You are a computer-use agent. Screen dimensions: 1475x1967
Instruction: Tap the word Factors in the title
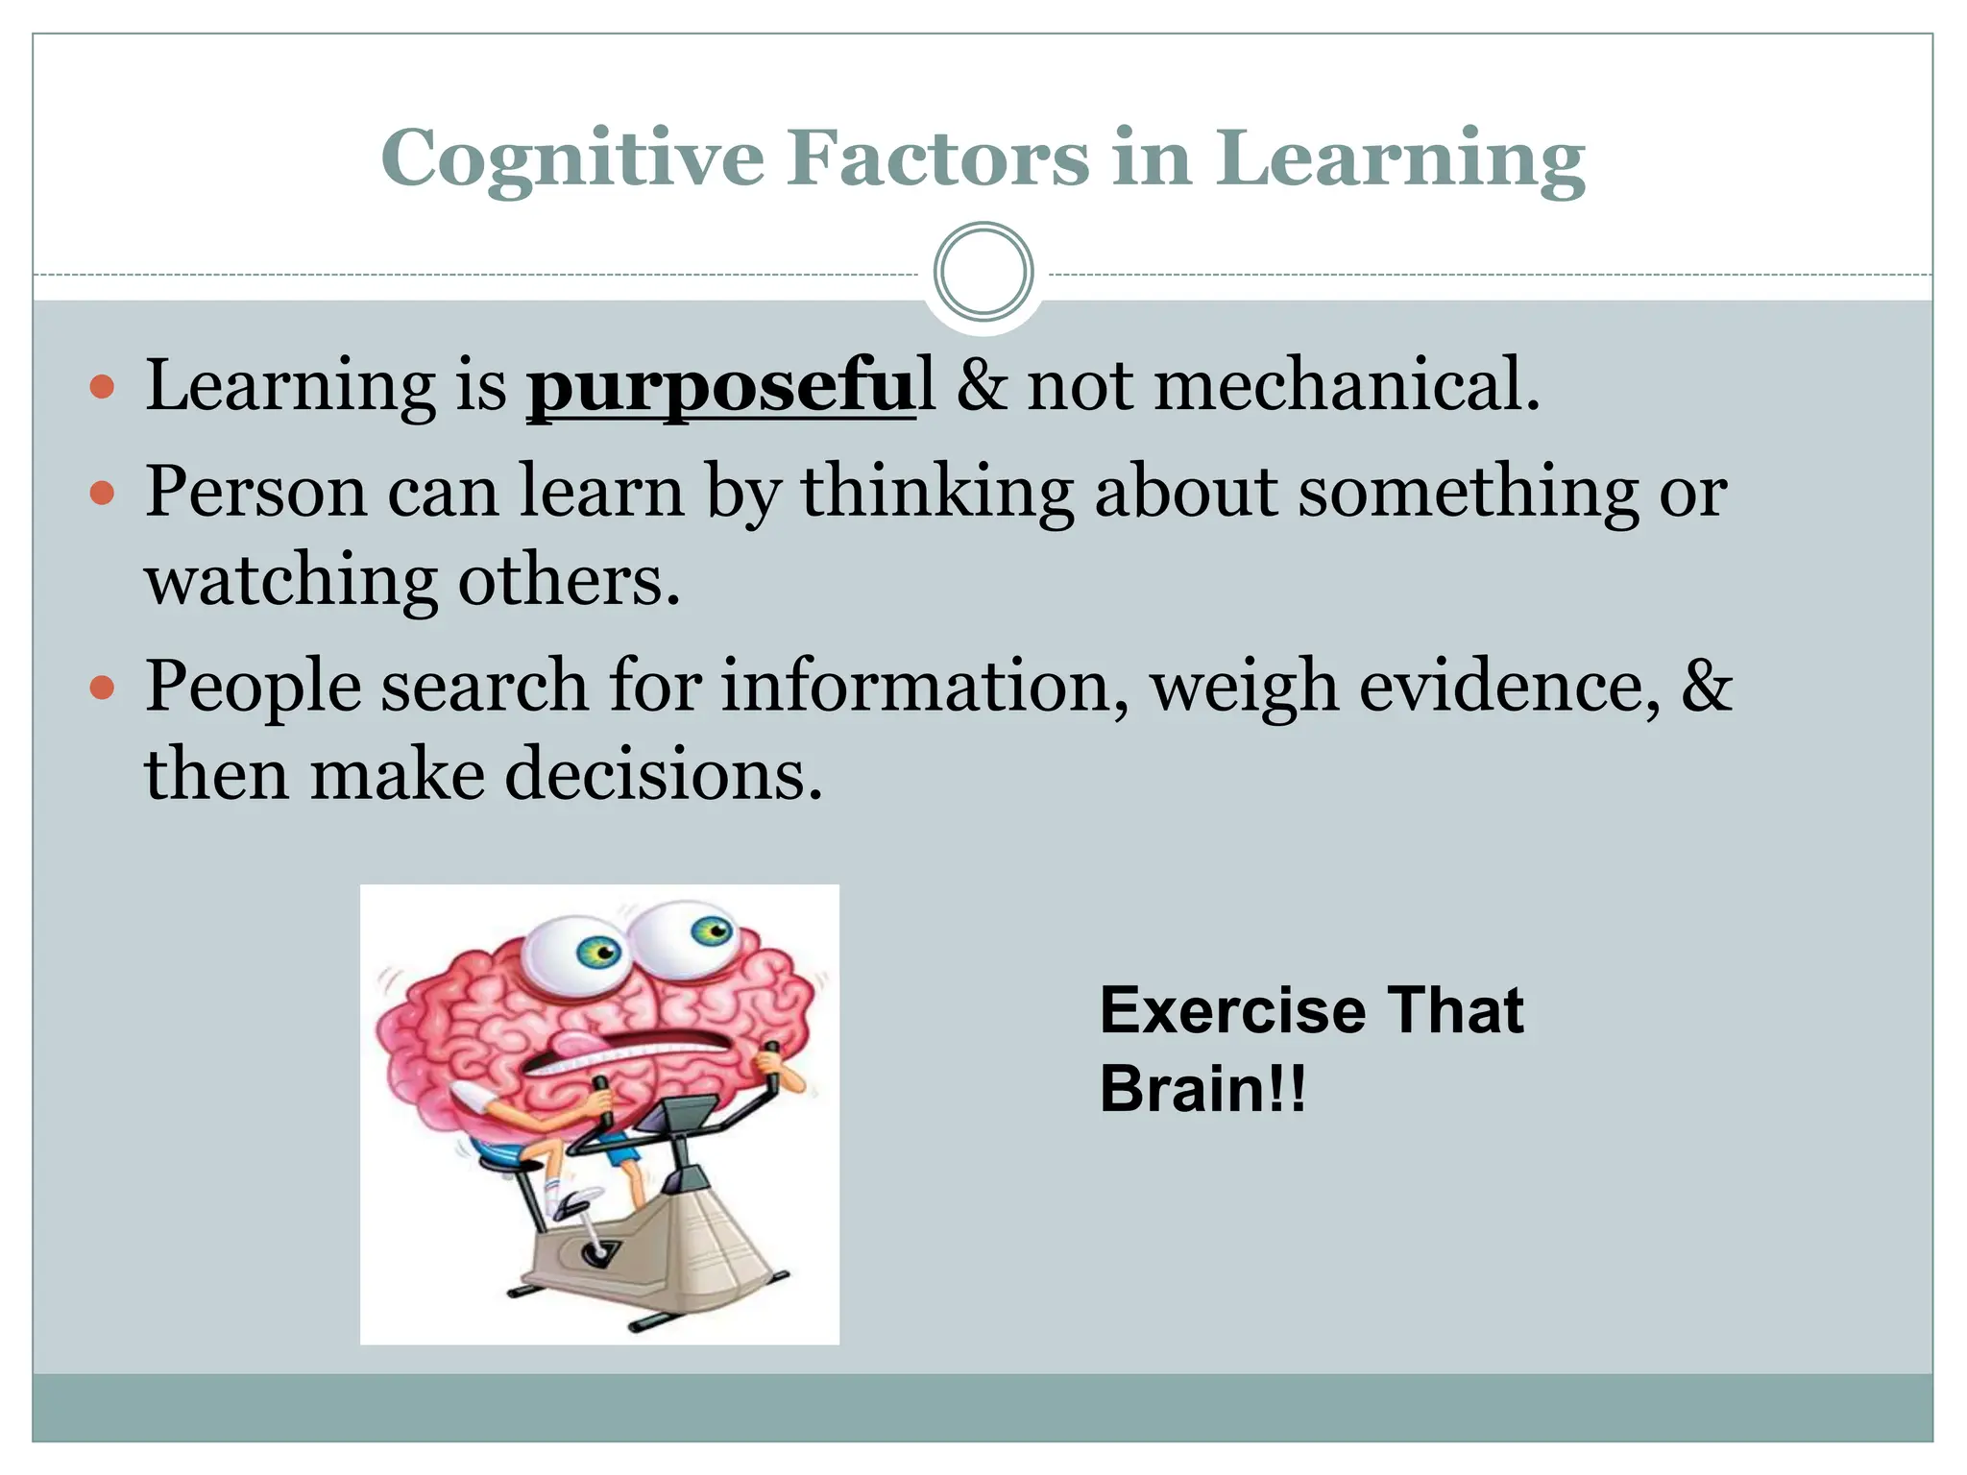click(940, 157)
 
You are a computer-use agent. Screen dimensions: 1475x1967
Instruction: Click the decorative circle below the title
click(983, 272)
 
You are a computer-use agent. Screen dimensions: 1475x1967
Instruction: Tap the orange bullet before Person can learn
click(102, 495)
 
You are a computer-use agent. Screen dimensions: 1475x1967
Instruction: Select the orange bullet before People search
click(102, 689)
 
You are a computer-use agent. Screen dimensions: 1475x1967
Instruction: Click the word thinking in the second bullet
click(936, 493)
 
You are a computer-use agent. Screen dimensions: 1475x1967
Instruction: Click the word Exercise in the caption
click(1232, 1010)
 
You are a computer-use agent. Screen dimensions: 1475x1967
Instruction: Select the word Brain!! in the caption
click(1202, 1089)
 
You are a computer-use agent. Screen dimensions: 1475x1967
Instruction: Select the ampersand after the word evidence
click(1706, 686)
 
